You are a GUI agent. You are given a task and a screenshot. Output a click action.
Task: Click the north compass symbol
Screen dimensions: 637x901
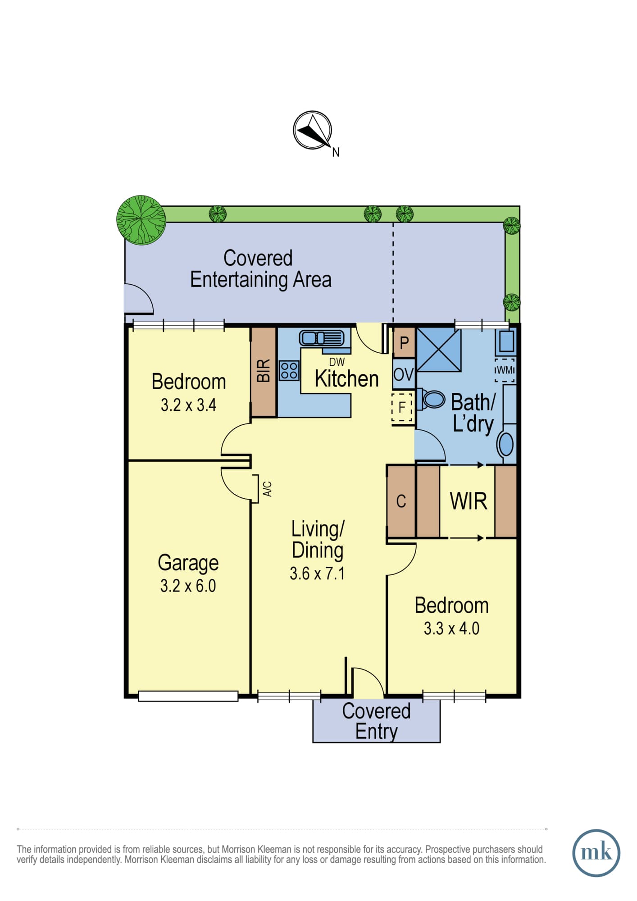(x=312, y=130)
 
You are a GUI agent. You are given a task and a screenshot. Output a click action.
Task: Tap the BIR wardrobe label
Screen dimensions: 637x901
(x=264, y=371)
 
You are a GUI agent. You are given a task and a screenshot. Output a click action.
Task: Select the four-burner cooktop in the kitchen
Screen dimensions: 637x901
(x=289, y=371)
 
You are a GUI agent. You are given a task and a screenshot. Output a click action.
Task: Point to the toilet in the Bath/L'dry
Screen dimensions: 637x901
(x=431, y=399)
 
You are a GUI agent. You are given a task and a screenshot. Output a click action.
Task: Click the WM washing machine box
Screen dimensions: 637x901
(x=505, y=370)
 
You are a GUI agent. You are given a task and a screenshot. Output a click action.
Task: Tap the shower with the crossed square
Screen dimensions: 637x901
(x=438, y=350)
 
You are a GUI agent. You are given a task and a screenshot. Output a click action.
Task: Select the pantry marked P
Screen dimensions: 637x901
(x=404, y=343)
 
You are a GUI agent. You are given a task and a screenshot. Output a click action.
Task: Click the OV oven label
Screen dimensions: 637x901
(x=403, y=374)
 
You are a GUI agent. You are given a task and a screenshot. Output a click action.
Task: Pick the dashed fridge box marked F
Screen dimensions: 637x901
(x=402, y=407)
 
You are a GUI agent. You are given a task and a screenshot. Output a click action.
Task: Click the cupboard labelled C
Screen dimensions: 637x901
(x=401, y=501)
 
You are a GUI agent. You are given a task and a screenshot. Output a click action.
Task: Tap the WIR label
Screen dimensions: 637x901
(x=469, y=501)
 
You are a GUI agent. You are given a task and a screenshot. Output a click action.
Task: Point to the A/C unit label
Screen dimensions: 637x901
(x=268, y=489)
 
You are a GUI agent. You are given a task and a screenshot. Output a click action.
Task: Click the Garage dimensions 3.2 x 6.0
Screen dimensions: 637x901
(x=188, y=586)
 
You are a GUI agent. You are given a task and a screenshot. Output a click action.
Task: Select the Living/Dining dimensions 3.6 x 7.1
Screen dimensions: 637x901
(x=317, y=573)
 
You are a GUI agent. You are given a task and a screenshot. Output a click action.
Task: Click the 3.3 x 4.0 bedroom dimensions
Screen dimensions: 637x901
(x=451, y=628)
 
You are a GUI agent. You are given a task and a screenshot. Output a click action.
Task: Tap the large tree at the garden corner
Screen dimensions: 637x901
(x=141, y=220)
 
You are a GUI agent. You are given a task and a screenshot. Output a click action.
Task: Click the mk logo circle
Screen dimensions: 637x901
(x=596, y=853)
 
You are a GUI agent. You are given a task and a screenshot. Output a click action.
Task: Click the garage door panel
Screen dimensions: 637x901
(x=188, y=696)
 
